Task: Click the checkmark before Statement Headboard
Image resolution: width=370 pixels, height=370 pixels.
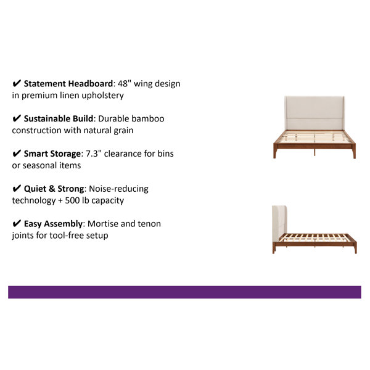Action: (x=17, y=83)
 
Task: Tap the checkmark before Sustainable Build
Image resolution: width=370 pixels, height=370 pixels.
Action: (x=17, y=118)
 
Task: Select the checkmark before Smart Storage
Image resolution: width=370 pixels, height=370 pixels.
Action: (x=17, y=154)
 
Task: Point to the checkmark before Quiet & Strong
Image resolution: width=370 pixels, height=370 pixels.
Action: (x=17, y=189)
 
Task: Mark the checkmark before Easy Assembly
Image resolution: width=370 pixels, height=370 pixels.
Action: (x=17, y=223)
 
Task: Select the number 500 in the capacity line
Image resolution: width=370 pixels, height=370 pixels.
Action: (x=72, y=200)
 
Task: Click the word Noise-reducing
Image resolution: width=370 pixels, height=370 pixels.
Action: (x=118, y=189)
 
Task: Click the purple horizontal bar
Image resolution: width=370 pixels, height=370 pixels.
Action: (x=184, y=292)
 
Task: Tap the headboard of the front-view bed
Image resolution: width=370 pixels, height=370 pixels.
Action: (x=314, y=113)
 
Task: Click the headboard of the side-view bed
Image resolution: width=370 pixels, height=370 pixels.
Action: (x=279, y=223)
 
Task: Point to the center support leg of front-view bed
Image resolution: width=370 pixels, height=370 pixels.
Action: (x=314, y=152)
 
